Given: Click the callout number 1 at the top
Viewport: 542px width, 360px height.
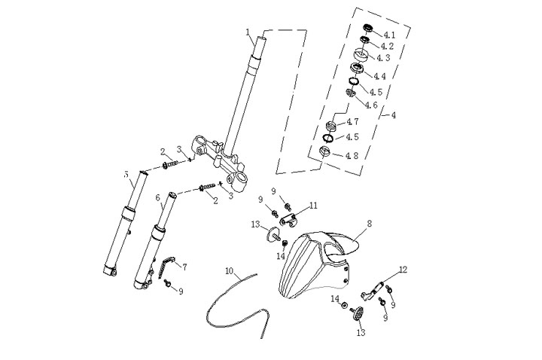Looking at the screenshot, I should (x=248, y=32).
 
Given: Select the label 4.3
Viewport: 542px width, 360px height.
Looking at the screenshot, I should (x=383, y=57).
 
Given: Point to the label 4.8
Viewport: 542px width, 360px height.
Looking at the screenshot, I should (x=351, y=155).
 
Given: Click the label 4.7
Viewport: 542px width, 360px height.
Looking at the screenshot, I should (x=352, y=122).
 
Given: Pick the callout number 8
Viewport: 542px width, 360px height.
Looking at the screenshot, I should (x=370, y=224).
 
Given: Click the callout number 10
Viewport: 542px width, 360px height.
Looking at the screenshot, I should (x=230, y=269).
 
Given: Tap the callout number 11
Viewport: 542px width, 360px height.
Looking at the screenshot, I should (x=313, y=205).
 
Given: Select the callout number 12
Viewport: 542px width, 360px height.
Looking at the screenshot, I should (x=403, y=269).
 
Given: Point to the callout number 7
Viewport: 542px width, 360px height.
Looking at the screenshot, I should (x=184, y=267).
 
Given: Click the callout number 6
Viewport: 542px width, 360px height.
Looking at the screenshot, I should (x=158, y=198).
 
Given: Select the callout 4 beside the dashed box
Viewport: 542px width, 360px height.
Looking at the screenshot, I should (x=392, y=115).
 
